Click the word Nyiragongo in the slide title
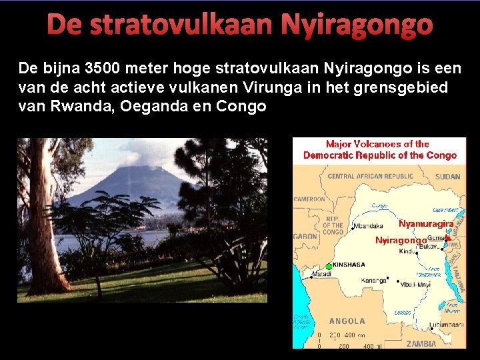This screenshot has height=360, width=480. (356, 25)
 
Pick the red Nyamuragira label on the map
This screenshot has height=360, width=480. (426, 223)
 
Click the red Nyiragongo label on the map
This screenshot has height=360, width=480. (401, 240)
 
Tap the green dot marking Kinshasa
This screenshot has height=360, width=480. (329, 265)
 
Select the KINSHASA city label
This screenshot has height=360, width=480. (349, 265)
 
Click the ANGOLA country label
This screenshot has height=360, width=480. (347, 321)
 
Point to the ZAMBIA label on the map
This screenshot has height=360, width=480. (421, 343)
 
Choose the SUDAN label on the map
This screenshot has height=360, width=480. (447, 177)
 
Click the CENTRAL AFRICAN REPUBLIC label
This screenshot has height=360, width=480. (370, 177)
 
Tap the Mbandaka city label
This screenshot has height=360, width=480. (368, 226)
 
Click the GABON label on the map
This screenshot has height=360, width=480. (305, 236)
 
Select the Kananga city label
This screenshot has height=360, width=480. (374, 280)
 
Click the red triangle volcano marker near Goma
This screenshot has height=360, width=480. (448, 237)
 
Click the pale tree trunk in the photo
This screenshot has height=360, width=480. (42, 220)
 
